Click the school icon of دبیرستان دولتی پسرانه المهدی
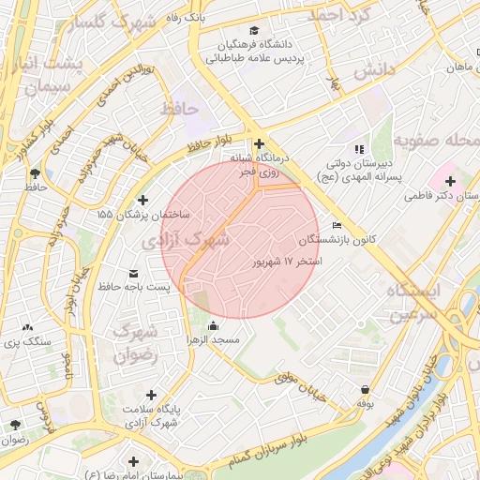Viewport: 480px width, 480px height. [358, 149]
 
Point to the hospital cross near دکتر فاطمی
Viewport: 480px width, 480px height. [451, 179]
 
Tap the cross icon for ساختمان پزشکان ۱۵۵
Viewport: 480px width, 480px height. [142, 200]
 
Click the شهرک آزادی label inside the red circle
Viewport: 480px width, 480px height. [196, 240]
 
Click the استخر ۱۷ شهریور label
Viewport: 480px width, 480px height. [285, 261]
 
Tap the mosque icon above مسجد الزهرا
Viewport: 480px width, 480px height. [213, 325]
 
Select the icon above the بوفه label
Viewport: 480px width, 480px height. [364, 389]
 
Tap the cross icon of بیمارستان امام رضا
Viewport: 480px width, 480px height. [134, 461]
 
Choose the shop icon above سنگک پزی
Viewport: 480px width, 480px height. [25, 329]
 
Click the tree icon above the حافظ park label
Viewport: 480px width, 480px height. [36, 172]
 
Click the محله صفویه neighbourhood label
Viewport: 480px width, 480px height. [435, 141]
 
